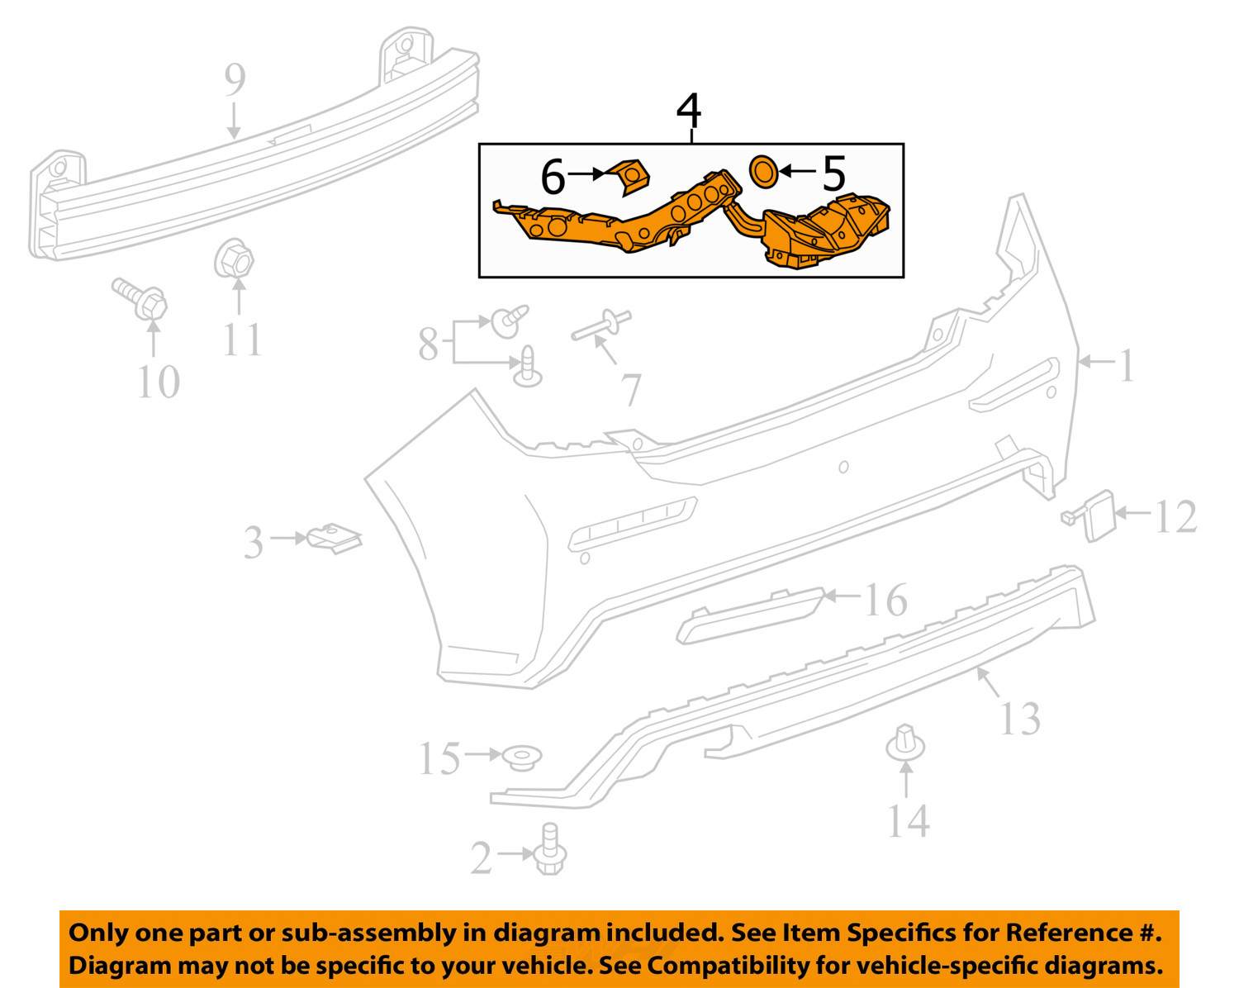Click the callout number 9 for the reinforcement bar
[235, 80]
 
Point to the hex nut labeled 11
[235, 260]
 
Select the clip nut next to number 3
[334, 538]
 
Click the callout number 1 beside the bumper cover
[1125, 364]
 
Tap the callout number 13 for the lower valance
[1019, 718]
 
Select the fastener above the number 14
[905, 743]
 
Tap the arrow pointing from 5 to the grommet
[797, 172]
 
